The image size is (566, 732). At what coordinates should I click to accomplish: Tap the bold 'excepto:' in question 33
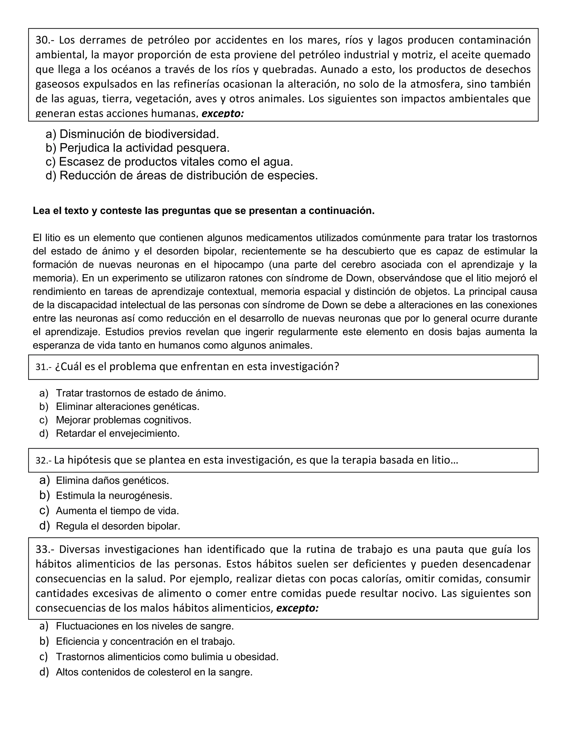tap(297, 608)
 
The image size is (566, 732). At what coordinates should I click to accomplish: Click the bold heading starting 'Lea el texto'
tap(203, 211)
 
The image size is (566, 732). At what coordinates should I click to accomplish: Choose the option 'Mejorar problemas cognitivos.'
tap(123, 420)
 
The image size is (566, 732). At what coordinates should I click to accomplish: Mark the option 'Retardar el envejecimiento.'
tap(118, 433)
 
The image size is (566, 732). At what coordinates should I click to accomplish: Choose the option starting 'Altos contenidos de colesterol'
tap(154, 672)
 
